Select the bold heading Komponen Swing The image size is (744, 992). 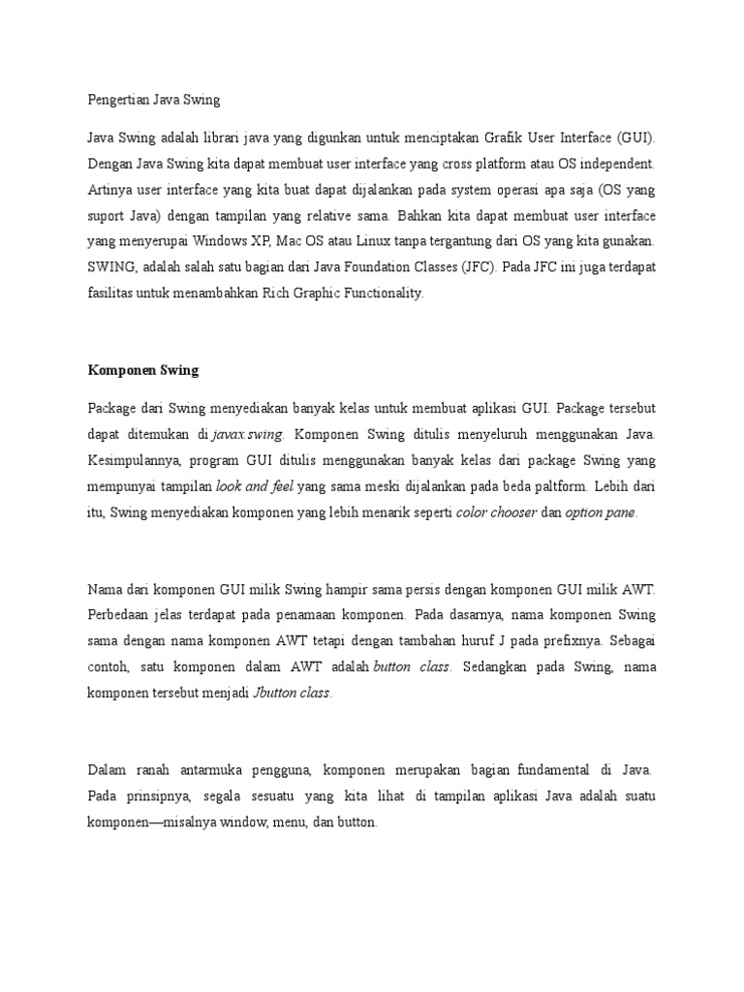tap(142, 369)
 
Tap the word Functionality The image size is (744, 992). tap(378, 293)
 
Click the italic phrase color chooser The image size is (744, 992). tap(496, 512)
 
